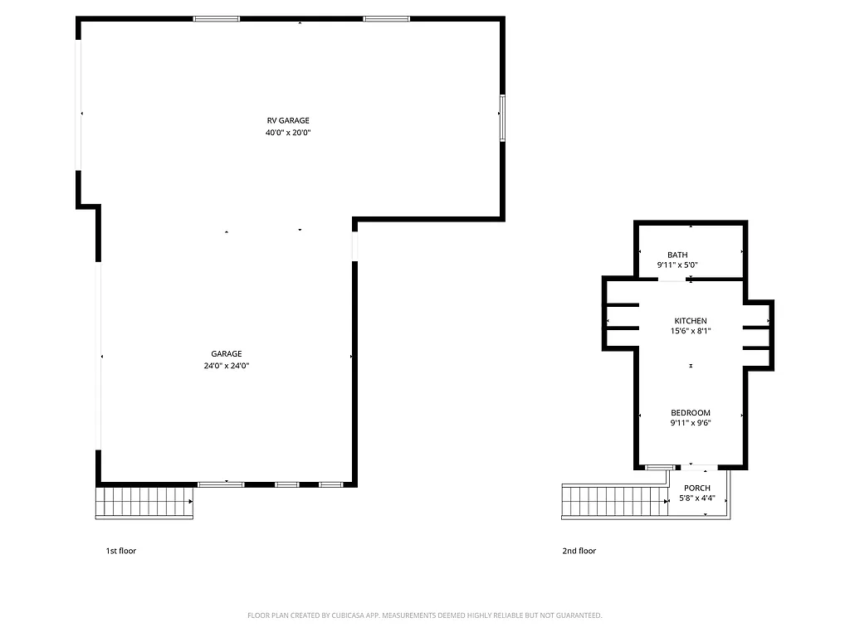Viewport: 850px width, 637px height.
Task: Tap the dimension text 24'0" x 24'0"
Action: [x=227, y=366]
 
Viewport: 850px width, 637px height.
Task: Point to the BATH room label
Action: [x=677, y=255]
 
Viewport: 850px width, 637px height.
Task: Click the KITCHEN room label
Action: [x=691, y=321]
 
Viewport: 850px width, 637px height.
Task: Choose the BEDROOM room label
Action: [x=691, y=413]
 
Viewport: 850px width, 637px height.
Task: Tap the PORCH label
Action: [x=697, y=489]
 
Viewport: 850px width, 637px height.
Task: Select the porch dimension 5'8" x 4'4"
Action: [x=697, y=499]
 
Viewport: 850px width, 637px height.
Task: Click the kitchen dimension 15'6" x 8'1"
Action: [x=691, y=332]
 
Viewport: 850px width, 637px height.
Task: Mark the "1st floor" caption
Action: [x=120, y=551]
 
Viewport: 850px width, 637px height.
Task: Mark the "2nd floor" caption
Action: [x=580, y=551]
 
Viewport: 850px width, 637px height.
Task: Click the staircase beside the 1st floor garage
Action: [x=145, y=503]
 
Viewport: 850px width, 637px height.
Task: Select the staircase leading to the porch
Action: [x=614, y=502]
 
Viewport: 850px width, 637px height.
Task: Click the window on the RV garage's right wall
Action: [x=502, y=118]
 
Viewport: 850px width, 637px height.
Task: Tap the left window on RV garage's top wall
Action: [x=217, y=18]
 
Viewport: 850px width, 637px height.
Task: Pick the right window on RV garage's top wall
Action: [x=386, y=18]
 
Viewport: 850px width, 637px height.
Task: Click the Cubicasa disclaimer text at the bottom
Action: [x=425, y=615]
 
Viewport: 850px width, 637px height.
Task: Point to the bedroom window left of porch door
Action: [x=658, y=468]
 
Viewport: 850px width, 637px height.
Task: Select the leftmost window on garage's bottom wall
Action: [x=221, y=484]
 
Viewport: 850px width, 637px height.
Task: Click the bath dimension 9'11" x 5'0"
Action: [x=677, y=265]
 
